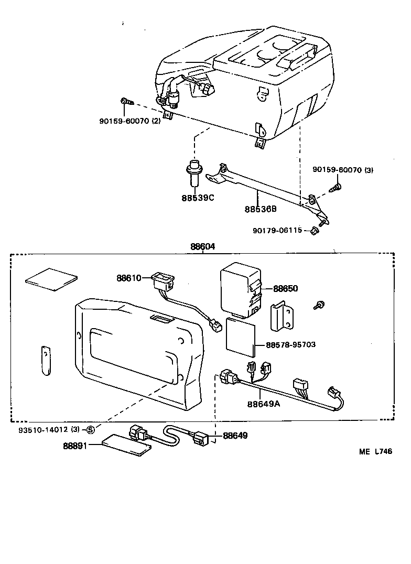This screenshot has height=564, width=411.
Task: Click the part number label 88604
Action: tap(202, 246)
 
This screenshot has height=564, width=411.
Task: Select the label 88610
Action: tap(129, 278)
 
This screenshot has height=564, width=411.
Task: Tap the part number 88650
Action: tap(285, 289)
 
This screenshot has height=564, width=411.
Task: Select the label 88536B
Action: tap(261, 209)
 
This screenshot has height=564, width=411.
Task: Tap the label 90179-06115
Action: tap(277, 230)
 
